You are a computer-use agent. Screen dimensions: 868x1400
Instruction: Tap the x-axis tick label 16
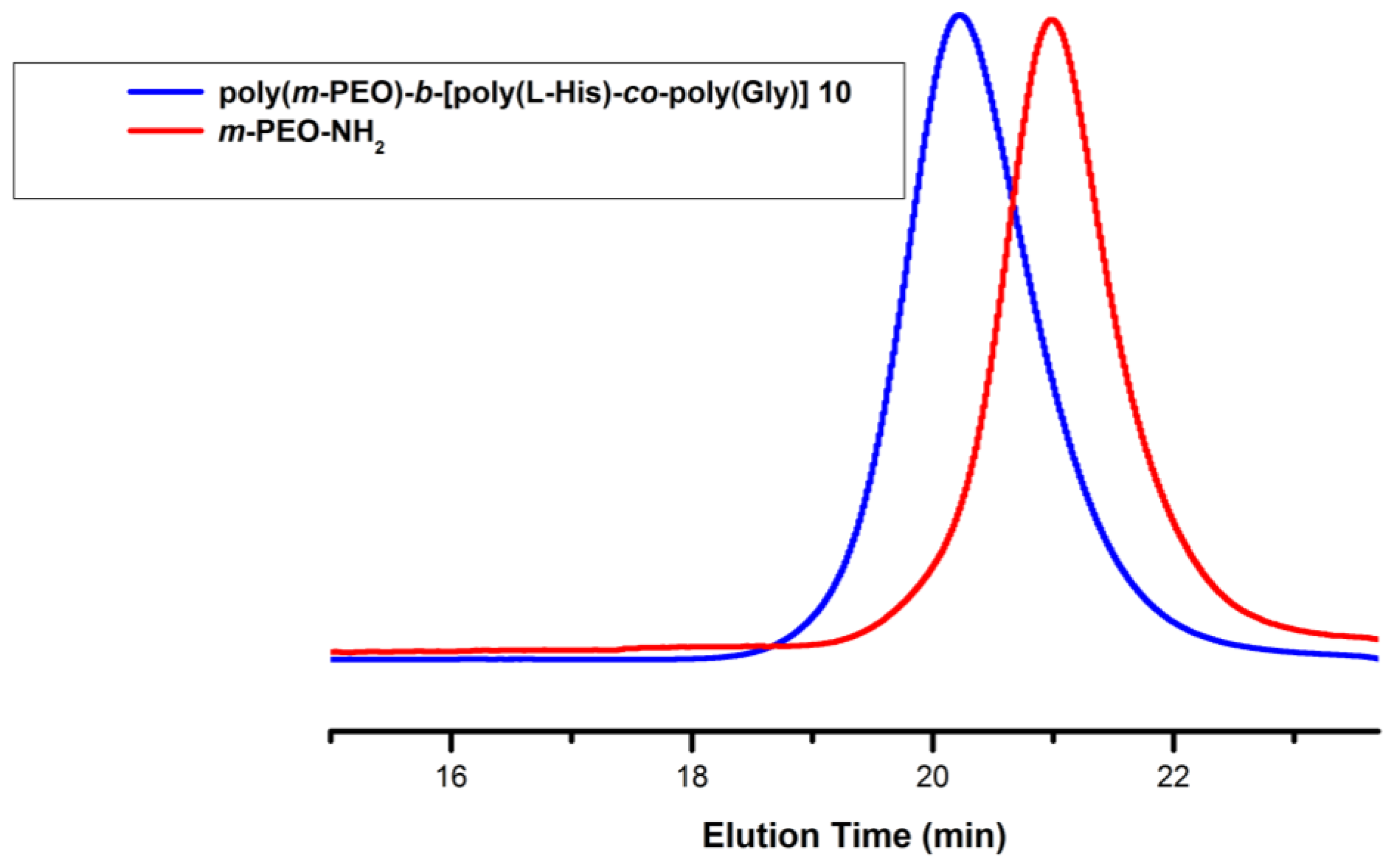tap(452, 778)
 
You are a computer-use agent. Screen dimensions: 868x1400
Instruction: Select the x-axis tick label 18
tap(693, 778)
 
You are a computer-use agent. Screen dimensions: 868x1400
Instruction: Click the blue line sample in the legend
tap(166, 92)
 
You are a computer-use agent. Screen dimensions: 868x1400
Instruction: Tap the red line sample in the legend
tap(166, 131)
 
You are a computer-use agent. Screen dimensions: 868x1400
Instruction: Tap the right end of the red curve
tap(1376, 639)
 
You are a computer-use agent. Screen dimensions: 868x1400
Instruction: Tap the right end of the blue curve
tap(1376, 658)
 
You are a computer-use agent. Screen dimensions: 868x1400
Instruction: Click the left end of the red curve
tap(333, 652)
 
